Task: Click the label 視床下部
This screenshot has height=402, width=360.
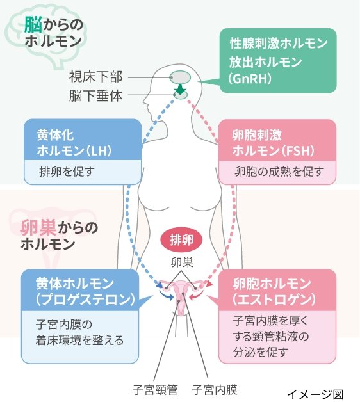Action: click(x=95, y=77)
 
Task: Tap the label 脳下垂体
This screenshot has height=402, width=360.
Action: click(x=95, y=95)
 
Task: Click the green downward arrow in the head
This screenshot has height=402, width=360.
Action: click(x=180, y=89)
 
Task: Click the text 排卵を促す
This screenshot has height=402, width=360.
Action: click(x=67, y=172)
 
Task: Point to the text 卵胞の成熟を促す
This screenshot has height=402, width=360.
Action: click(x=279, y=172)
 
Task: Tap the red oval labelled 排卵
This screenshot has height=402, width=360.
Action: click(x=181, y=240)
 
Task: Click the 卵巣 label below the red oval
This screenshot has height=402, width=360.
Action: click(x=182, y=262)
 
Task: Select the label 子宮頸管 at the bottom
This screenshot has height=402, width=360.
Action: click(x=155, y=390)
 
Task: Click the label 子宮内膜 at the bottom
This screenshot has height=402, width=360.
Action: click(x=215, y=390)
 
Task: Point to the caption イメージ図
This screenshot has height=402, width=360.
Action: click(x=315, y=394)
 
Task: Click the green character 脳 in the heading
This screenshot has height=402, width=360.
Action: click(x=33, y=24)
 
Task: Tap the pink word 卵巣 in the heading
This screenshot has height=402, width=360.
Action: click(x=38, y=228)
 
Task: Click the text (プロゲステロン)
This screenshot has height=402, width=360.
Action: click(x=85, y=300)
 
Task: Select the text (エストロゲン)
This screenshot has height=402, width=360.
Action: click(x=274, y=299)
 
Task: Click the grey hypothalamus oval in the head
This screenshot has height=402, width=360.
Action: click(x=180, y=77)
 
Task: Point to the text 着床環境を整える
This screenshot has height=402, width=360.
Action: click(x=80, y=340)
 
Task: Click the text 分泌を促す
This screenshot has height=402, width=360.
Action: click(x=259, y=352)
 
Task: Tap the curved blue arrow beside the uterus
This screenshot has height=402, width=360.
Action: click(x=167, y=295)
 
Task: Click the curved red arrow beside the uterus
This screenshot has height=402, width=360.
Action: click(x=197, y=295)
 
